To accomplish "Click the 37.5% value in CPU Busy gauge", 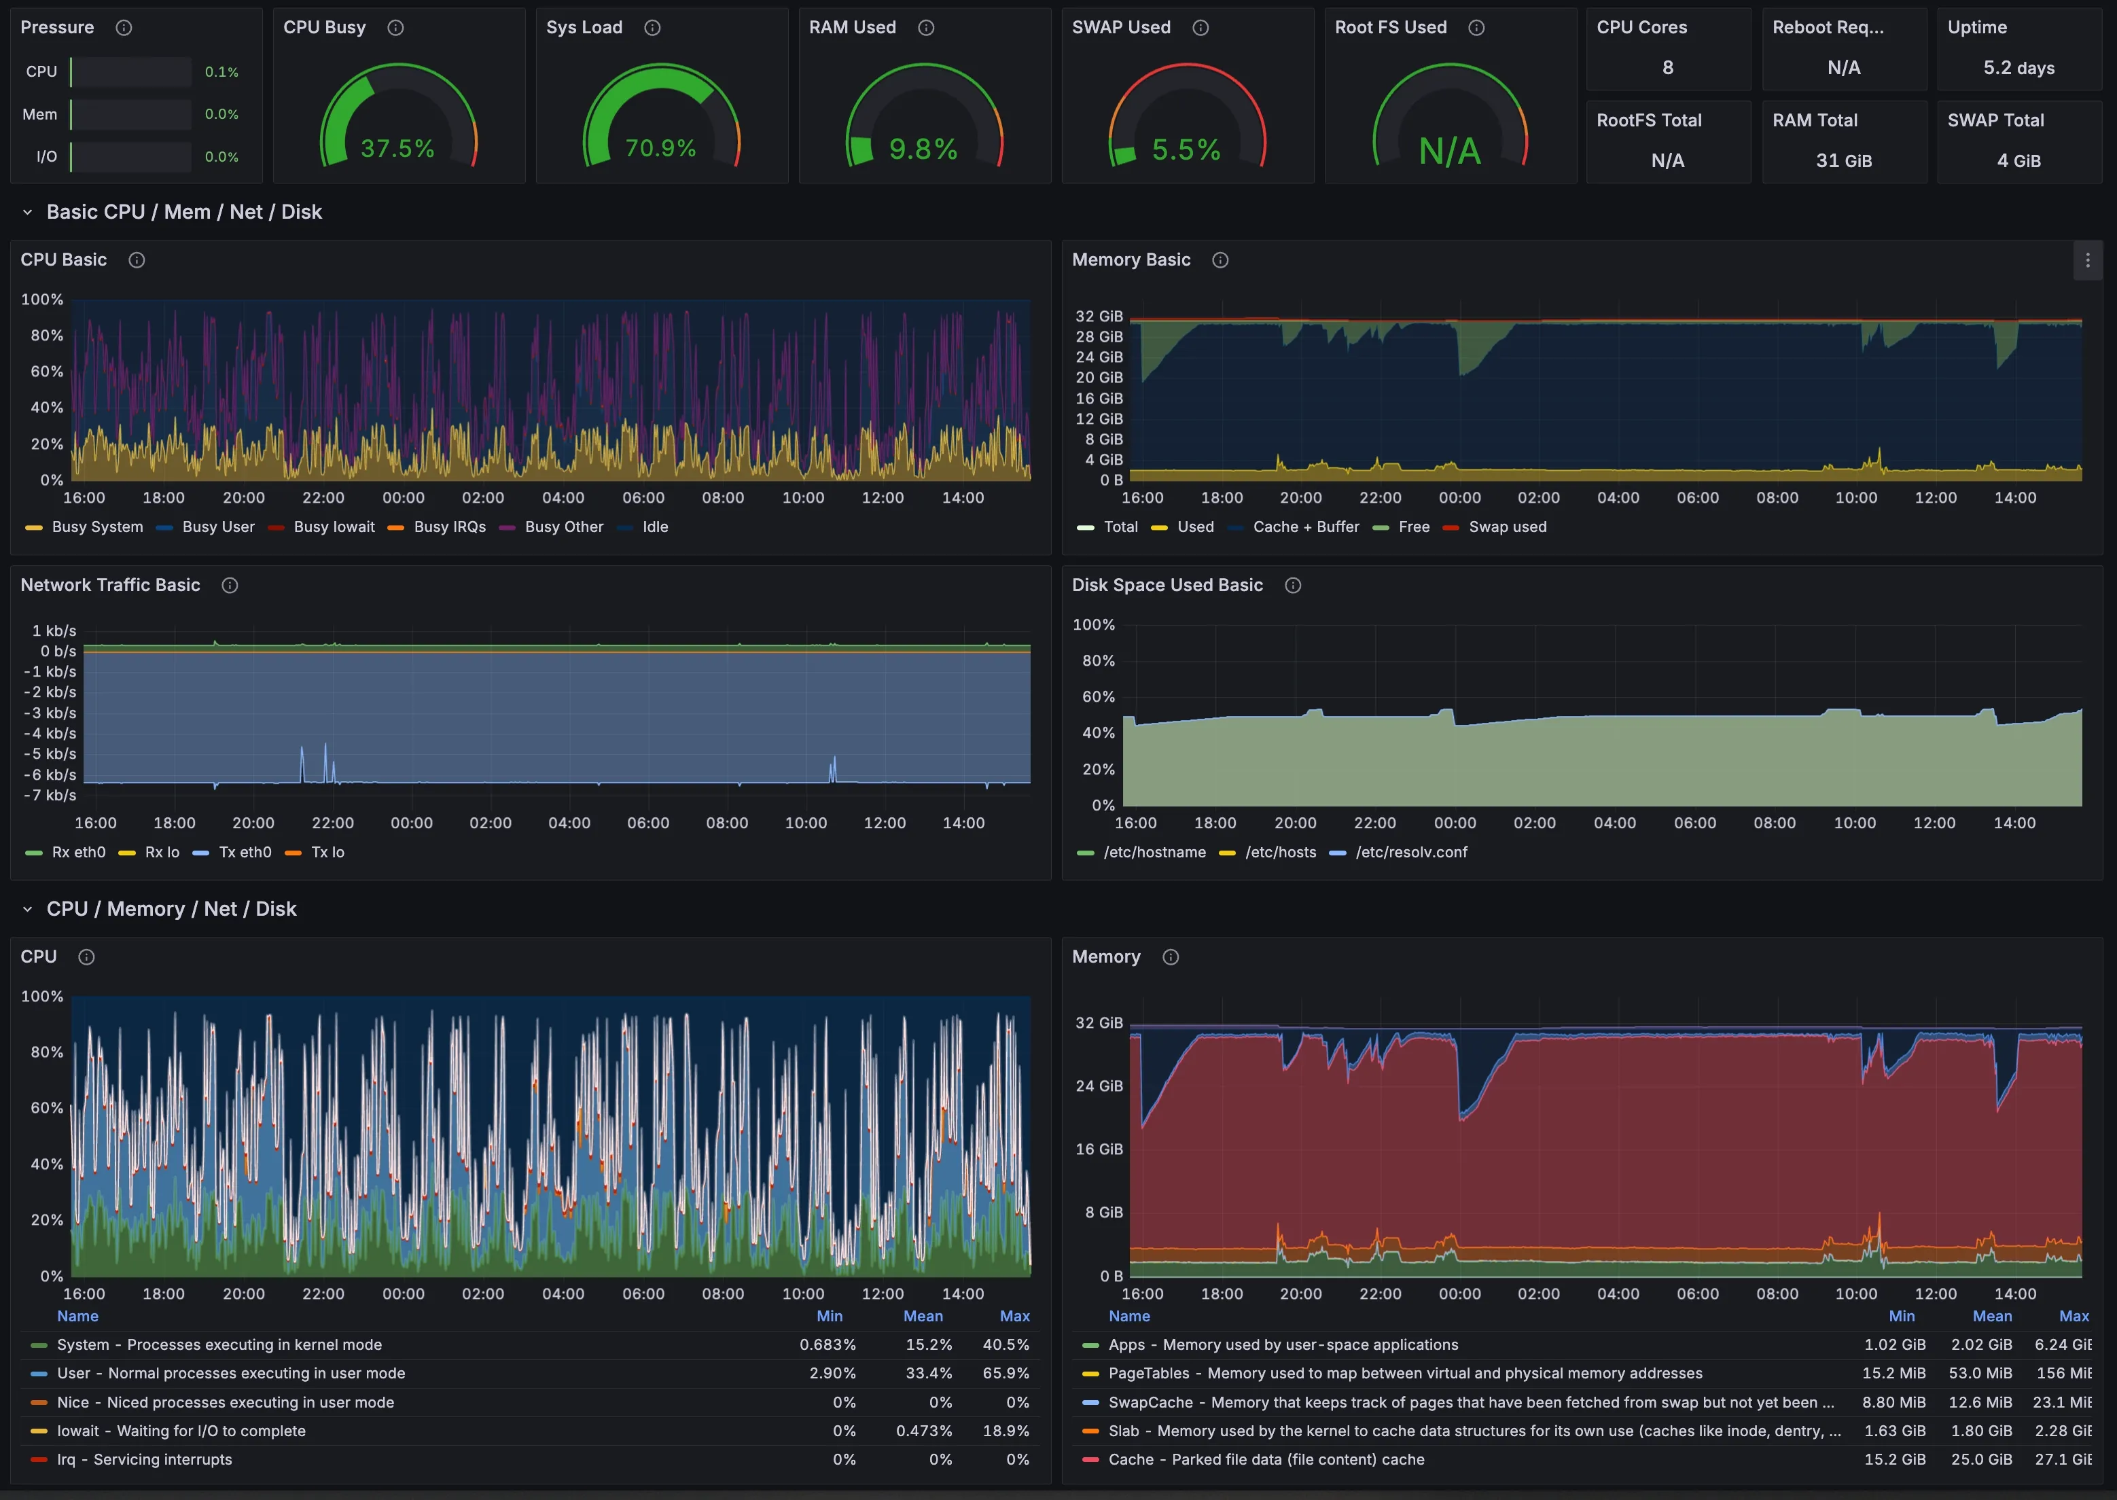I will coord(397,149).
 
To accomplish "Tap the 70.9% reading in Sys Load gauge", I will coord(660,149).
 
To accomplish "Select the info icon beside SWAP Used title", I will coord(1200,28).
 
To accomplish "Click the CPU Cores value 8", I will coord(1667,67).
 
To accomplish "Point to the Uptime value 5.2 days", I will coord(2018,67).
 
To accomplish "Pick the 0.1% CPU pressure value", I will coord(221,72).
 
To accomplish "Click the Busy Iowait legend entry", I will coord(334,526).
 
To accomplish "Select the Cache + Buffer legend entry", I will coord(1305,526).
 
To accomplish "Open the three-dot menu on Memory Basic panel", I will coord(2086,260).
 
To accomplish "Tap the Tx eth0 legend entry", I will coord(244,852).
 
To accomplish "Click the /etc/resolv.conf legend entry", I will coord(1410,852).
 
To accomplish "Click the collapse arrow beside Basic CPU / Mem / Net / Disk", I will coord(28,213).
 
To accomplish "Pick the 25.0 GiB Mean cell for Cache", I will coord(1980,1459).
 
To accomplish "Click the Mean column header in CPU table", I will coord(922,1316).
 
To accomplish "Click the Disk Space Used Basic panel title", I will coord(1167,585).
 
